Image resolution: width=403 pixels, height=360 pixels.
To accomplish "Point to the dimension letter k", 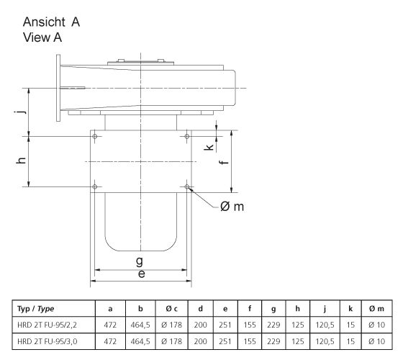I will click(209, 147).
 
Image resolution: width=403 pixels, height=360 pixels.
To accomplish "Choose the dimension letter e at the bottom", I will click(141, 274).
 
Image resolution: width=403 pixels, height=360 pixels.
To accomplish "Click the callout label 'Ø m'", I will click(234, 207).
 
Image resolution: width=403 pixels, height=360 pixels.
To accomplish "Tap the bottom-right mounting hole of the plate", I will click(187, 187).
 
